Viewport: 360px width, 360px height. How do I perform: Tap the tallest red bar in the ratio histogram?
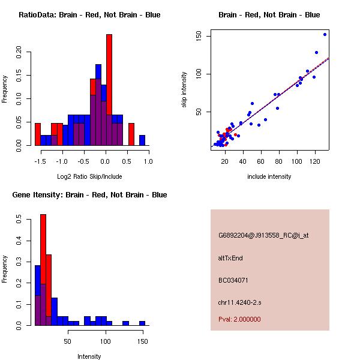coord(109,90)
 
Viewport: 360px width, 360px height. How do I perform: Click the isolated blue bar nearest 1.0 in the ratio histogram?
coord(142,140)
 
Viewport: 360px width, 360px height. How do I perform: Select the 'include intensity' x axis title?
coord(269,176)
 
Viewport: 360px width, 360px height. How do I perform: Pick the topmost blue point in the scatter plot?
coord(325,34)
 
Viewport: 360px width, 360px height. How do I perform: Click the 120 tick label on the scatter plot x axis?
coord(314,161)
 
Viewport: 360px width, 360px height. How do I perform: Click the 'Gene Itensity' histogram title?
coord(89,195)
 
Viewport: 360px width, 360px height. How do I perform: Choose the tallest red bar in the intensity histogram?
coord(43,270)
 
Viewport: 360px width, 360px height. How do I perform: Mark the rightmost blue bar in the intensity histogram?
coord(142,323)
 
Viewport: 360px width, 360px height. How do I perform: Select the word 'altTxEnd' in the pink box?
coord(230,258)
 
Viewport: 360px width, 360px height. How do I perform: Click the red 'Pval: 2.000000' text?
coord(239,319)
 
